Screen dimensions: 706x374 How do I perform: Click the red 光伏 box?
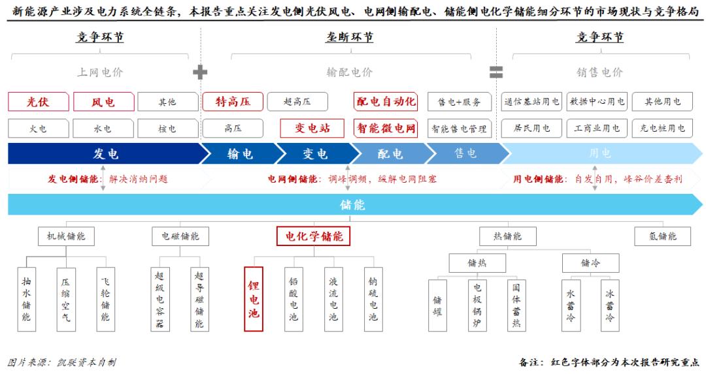pos(38,102)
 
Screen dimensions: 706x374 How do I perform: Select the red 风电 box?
pos(103,102)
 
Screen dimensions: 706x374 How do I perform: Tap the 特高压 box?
pos(233,101)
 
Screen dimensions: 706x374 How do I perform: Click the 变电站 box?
pos(312,128)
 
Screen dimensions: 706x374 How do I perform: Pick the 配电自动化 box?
pos(386,101)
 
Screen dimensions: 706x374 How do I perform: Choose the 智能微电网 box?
pos(386,128)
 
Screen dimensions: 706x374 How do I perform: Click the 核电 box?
pos(167,129)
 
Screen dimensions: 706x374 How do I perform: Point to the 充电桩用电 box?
pos(663,129)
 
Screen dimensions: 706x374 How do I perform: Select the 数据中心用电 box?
pos(597,102)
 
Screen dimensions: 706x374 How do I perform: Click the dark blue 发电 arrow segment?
pos(105,154)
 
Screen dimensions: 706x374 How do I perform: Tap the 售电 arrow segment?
pos(465,154)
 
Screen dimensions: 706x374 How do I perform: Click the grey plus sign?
pos(200,72)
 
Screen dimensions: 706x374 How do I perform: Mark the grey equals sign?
pos(496,72)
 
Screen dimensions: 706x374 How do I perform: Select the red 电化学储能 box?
pos(314,236)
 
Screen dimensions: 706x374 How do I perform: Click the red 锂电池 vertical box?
pos(254,299)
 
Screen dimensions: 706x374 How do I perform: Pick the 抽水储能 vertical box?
pos(26,299)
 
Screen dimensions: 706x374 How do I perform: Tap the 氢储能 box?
pos(663,236)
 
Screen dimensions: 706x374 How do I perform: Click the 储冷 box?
pos(590,263)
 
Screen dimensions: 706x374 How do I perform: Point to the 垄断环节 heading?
pos(350,37)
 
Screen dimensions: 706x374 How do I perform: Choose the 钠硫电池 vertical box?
pos(373,299)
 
